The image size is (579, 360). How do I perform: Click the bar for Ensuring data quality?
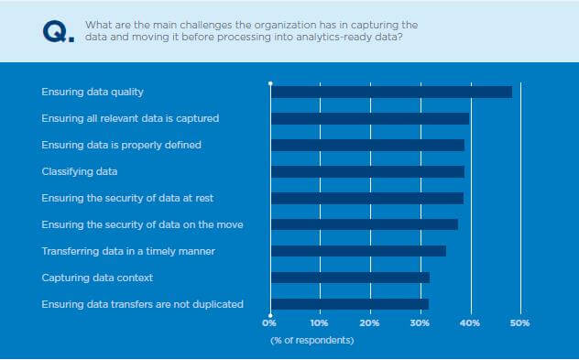[x=391, y=92]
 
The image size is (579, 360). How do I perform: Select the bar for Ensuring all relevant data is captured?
[x=370, y=118]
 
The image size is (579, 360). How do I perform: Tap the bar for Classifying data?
[x=367, y=171]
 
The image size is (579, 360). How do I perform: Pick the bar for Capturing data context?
[x=350, y=277]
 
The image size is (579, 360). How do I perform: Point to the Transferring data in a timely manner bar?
[x=358, y=250]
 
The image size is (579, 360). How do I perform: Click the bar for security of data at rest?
[x=366, y=198]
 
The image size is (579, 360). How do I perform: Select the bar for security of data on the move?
[x=364, y=224]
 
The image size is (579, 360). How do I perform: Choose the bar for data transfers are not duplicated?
[x=349, y=303]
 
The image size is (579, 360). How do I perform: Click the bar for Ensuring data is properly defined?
[x=367, y=145]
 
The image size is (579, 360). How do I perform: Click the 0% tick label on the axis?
[x=269, y=323]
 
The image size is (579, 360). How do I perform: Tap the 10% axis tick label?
[x=320, y=323]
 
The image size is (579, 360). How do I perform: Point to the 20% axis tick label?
[x=369, y=323]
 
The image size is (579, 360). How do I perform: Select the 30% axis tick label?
[x=420, y=323]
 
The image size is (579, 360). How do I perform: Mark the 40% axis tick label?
[x=470, y=323]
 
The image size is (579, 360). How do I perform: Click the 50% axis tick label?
[x=519, y=323]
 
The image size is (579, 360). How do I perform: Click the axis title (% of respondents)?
[x=311, y=341]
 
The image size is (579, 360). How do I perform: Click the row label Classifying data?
[x=80, y=171]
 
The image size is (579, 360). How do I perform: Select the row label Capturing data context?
[x=97, y=277]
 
